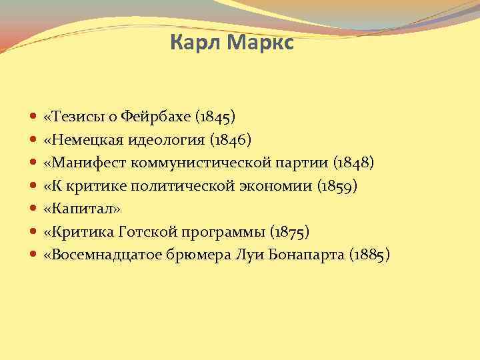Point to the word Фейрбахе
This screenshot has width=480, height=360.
pos(159,117)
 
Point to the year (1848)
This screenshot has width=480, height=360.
pos(354,163)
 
